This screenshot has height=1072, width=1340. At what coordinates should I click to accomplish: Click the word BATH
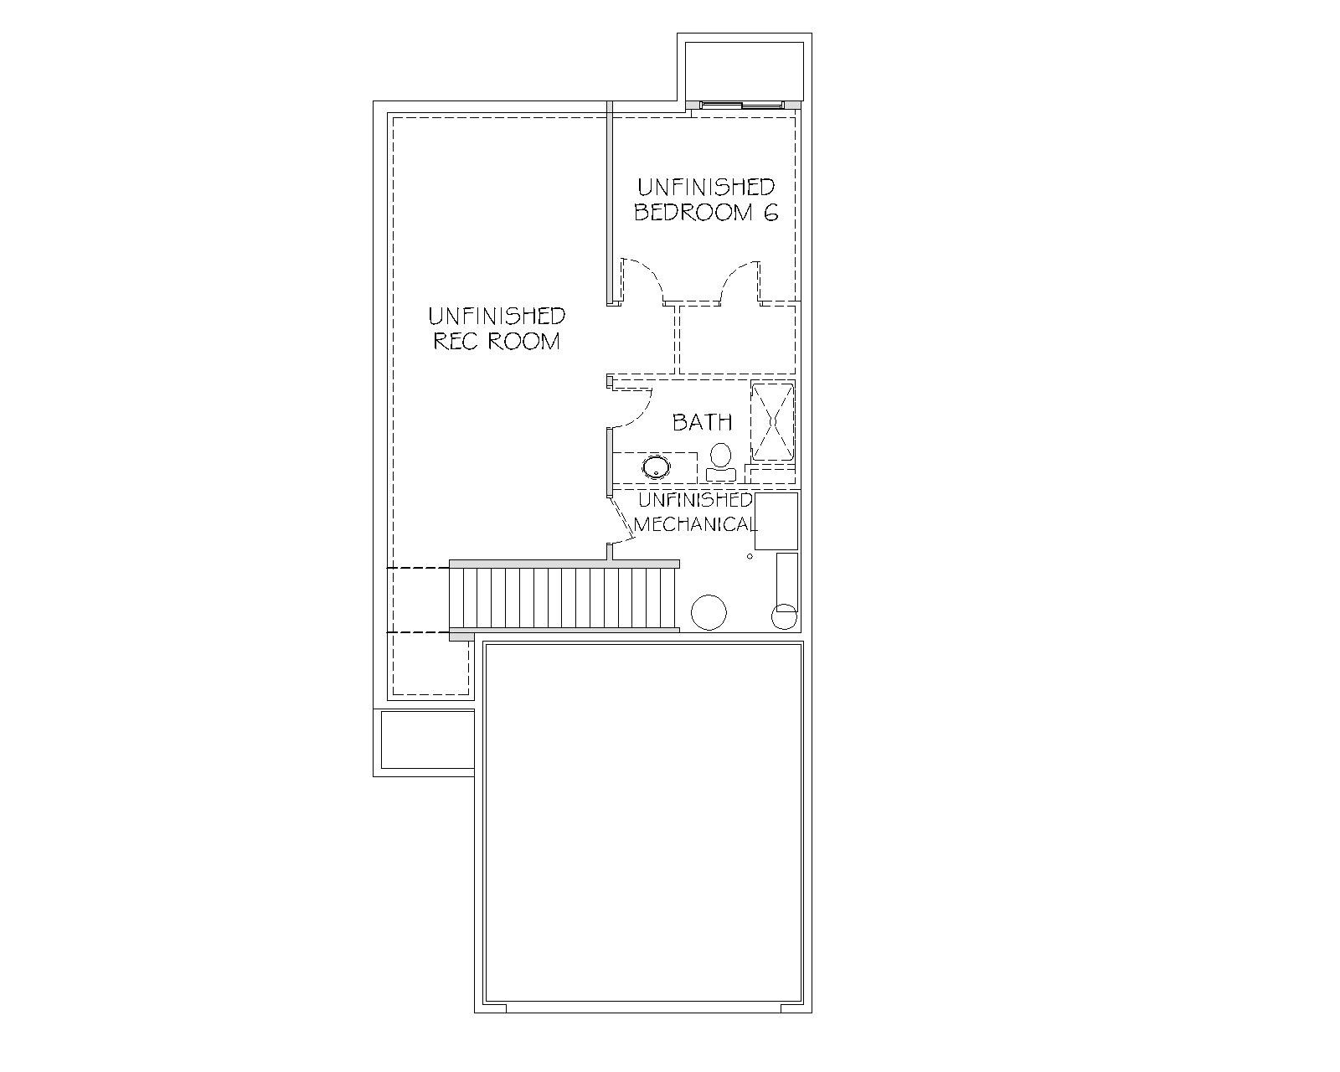point(702,422)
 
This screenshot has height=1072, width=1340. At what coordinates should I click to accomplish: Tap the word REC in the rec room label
point(456,342)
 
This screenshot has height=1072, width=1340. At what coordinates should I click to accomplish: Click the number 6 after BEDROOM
point(770,213)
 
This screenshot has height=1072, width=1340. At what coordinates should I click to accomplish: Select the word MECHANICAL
point(695,524)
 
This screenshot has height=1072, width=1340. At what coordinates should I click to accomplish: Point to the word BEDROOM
point(693,213)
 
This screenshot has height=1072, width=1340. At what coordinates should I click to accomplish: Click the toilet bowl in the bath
point(721,456)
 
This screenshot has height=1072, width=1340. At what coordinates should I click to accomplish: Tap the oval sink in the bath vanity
point(656,466)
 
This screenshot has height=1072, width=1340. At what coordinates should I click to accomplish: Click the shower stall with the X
point(773,421)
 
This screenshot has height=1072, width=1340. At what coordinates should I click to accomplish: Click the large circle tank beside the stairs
point(709,613)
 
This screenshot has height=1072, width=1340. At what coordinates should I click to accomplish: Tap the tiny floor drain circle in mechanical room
point(750,556)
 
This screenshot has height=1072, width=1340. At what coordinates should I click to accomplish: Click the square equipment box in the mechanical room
point(776,522)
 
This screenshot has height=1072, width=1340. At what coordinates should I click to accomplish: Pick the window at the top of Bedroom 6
point(742,106)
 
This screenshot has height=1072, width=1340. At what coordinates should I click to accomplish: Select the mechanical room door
point(622,517)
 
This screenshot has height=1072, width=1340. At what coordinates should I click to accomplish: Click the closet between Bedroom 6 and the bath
point(737,339)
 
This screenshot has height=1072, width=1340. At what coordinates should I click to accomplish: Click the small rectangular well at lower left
point(428,740)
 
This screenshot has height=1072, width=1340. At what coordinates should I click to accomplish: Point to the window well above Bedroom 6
point(744,69)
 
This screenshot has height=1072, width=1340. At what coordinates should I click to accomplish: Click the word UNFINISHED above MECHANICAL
point(695,500)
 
